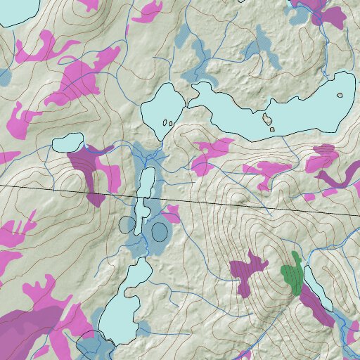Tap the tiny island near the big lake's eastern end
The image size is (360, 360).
[340, 95]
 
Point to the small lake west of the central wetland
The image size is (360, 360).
[67, 143]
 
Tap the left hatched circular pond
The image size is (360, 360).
[127, 225]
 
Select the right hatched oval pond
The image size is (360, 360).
[160, 231]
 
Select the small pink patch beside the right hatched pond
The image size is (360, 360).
[172, 212]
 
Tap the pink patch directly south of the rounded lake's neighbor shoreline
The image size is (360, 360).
[211, 151]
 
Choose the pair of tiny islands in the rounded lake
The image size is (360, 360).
[167, 123]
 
